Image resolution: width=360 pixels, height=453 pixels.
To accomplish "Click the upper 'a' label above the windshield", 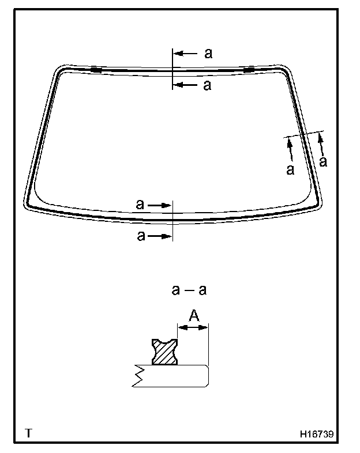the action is click(208, 54).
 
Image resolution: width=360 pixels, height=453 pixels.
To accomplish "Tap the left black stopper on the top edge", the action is click(96, 70).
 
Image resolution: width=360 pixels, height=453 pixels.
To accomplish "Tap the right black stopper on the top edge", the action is click(249, 70).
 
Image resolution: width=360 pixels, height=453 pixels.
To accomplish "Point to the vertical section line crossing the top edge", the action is click(172, 69).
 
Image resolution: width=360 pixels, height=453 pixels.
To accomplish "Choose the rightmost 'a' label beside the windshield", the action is click(323, 161).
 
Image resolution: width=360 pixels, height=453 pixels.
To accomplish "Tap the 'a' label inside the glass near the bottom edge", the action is click(140, 204).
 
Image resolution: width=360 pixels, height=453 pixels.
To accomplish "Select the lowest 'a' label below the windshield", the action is click(141, 236).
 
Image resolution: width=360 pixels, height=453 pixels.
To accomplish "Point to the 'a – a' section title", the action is click(189, 290).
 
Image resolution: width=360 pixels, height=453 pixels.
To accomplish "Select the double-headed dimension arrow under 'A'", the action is click(193, 327).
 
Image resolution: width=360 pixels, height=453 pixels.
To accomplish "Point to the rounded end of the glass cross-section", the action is click(205, 376).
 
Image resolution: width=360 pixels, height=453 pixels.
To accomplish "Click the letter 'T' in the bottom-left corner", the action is click(28, 432).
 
